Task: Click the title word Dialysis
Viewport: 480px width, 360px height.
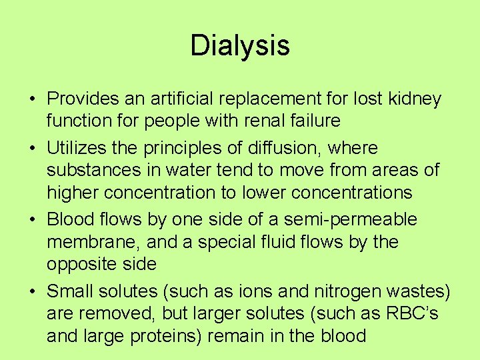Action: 240,46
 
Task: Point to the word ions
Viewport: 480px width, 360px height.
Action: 255,291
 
